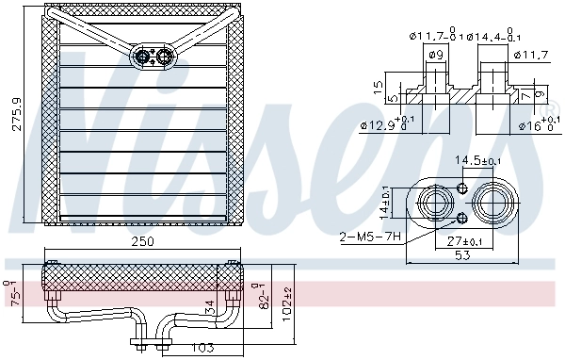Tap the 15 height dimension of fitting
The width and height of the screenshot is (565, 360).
[377, 87]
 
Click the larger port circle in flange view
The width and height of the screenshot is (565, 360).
[492, 204]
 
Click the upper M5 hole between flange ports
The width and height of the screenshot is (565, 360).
[462, 188]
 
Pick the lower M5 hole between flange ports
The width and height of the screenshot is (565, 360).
[462, 220]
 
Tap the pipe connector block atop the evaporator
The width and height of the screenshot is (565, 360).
[154, 56]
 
